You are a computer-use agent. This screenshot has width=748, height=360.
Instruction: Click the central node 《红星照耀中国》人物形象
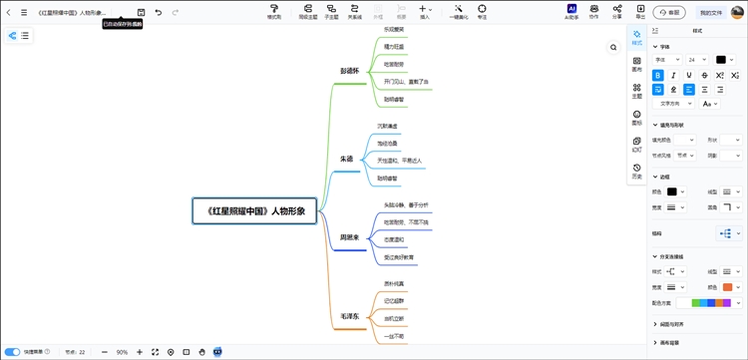coord(254,210)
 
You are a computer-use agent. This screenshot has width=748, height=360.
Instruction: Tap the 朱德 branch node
coord(346,159)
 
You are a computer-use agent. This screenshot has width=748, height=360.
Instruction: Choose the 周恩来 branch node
coord(348,238)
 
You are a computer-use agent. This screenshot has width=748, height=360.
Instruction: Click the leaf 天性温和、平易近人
coord(400,160)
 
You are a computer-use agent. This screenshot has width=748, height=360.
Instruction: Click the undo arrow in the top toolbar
coord(158,12)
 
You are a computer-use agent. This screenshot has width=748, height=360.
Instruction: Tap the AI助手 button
coord(571,11)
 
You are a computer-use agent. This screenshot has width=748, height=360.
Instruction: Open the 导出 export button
coord(640,11)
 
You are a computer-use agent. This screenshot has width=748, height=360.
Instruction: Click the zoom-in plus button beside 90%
coord(140,352)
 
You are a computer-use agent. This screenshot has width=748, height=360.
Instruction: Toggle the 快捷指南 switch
coord(13,352)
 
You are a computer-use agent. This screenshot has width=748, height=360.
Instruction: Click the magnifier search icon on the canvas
coord(613,47)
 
